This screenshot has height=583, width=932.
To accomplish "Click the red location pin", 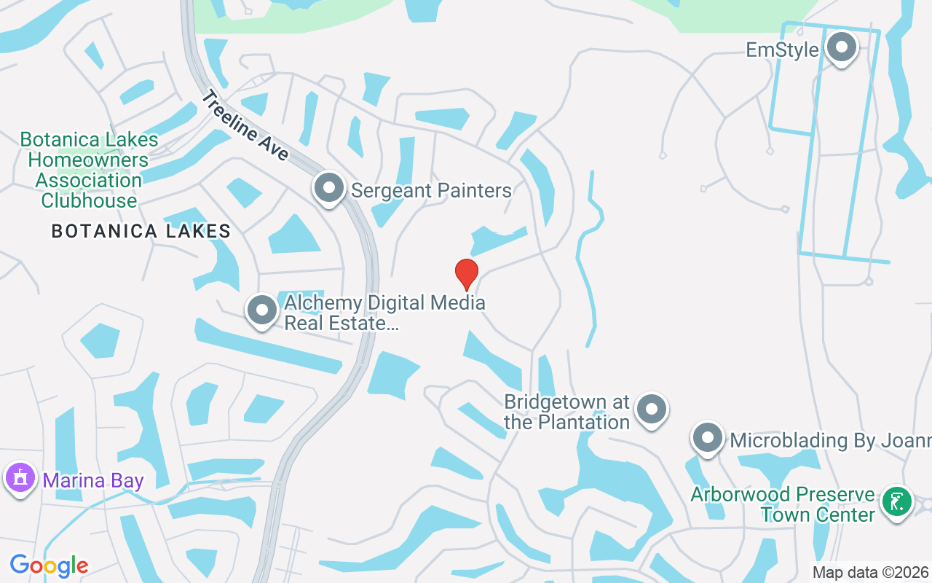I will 466,274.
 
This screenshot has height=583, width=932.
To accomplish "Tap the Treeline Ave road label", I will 246,125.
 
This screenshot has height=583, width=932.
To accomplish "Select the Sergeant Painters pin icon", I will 329,188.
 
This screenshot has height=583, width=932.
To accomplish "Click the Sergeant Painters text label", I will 431,191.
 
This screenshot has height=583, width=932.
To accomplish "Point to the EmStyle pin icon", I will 842,47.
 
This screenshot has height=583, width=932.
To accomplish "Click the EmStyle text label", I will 783,50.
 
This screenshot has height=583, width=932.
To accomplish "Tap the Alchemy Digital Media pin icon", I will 262,310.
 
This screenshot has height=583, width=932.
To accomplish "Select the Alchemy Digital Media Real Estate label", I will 384,313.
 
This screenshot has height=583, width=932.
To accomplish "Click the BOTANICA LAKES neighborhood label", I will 141,232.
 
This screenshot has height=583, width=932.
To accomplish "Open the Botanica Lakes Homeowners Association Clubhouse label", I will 89,170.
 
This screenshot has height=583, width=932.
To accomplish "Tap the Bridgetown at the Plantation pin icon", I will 651,409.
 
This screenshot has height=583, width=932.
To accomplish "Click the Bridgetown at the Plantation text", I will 566,412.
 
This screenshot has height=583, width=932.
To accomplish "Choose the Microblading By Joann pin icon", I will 707,439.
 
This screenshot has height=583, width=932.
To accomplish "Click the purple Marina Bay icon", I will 20,478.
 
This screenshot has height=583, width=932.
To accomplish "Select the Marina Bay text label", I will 92,481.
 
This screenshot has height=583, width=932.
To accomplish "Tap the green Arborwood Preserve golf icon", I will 897,502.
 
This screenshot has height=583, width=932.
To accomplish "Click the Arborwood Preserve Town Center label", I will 783,504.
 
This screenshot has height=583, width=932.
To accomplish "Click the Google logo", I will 49,565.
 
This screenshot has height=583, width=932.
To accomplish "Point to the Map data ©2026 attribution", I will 870,572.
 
